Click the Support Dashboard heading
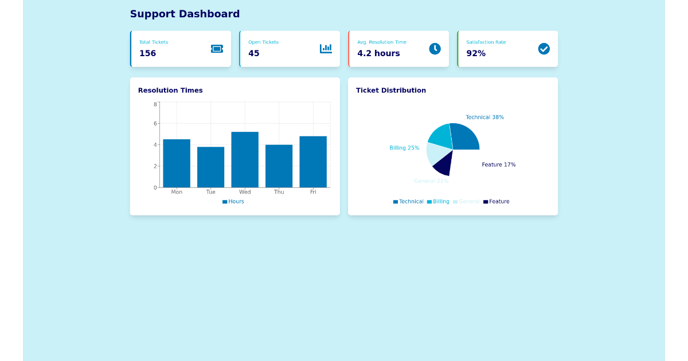point(185,14)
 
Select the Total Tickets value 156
point(147,53)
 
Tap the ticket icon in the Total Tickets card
point(217,49)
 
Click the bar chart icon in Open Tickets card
point(326,49)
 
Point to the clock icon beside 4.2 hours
point(435,49)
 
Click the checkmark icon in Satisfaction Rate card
point(544,49)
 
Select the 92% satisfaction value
point(476,53)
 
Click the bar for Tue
point(210,167)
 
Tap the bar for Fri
point(313,162)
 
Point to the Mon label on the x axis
point(177,192)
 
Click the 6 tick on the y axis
point(155,123)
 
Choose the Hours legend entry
point(233,202)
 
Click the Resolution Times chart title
point(170,91)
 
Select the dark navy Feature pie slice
point(443,164)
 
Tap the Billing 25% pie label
point(404,148)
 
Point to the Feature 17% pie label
point(498,165)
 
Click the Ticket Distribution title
point(390,91)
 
